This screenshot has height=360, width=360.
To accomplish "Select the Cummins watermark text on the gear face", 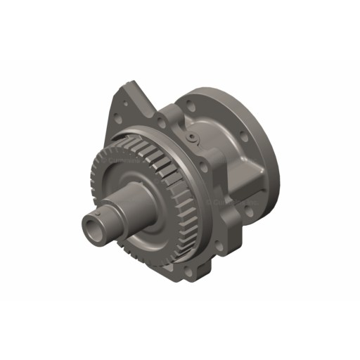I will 123,163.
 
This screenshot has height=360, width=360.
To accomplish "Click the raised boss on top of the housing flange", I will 173,112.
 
